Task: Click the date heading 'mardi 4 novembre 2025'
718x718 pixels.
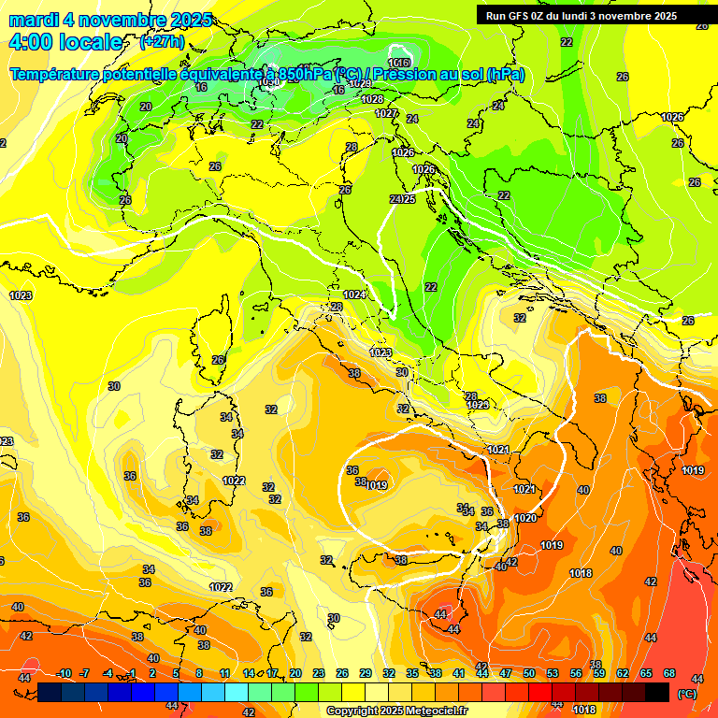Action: click(110, 20)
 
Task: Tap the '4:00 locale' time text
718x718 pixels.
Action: click(65, 42)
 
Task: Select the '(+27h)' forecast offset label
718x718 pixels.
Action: click(162, 42)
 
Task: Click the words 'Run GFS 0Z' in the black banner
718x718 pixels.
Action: click(517, 15)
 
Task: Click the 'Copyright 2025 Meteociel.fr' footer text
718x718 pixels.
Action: click(395, 711)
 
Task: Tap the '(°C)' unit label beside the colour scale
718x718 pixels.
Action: click(687, 693)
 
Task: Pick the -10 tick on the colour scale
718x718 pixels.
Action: click(64, 673)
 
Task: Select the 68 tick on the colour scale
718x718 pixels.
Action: click(669, 673)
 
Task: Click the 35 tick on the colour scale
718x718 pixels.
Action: click(412, 673)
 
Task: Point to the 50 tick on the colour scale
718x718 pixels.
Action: click(529, 673)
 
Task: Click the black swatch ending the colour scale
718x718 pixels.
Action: click(657, 692)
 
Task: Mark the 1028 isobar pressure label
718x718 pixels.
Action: click(372, 99)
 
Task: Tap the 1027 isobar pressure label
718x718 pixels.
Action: click(386, 113)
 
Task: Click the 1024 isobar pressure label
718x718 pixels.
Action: click(354, 294)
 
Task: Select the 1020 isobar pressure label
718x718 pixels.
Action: click(525, 518)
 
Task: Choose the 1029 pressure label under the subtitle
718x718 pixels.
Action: click(360, 84)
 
